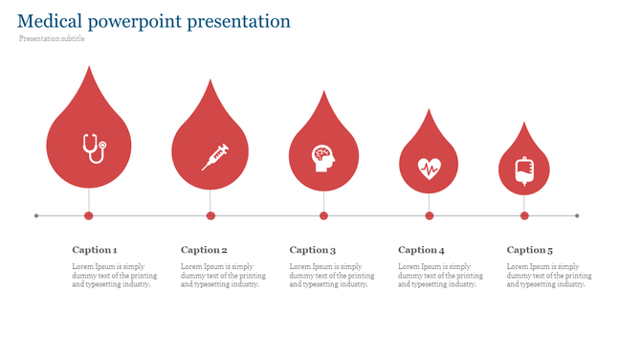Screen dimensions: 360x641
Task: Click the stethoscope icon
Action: click(93, 147)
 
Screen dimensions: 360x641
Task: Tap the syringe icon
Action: click(215, 156)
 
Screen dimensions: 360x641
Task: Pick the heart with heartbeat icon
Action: click(429, 168)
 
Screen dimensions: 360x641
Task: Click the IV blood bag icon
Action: click(524, 170)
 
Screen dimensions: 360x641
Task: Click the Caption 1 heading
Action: click(95, 250)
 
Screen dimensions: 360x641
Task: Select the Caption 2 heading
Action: click(204, 250)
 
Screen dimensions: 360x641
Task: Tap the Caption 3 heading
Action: click(313, 250)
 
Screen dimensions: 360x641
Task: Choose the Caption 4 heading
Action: click(421, 250)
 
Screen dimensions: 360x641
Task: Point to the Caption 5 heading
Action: click(530, 250)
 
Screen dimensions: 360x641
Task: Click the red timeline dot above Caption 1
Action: click(89, 215)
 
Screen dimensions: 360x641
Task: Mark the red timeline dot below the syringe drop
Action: click(210, 215)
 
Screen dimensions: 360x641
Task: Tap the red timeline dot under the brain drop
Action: click(323, 215)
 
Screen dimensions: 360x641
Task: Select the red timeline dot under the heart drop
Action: click(429, 215)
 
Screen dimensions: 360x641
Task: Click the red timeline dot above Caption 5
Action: click(524, 215)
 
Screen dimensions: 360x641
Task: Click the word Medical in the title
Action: click(49, 21)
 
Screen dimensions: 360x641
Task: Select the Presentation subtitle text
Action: click(52, 39)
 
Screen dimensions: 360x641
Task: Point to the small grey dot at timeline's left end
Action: click(36, 215)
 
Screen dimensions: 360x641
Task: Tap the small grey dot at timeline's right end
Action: click(578, 215)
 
